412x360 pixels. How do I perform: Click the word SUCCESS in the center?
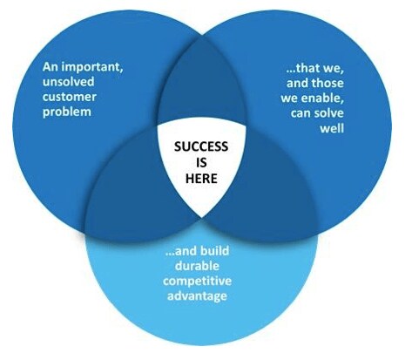[x=201, y=146]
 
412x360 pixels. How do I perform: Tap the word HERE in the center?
[x=201, y=178]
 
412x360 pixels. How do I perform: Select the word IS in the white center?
[x=201, y=162]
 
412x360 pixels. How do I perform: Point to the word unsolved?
[x=69, y=81]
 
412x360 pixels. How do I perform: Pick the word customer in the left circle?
[x=70, y=97]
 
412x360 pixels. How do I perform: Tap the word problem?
[x=67, y=112]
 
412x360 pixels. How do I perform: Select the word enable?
[x=322, y=98]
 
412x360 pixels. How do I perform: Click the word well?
[x=332, y=128]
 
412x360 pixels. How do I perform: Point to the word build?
[x=215, y=250]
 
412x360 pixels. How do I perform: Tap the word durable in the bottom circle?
[x=197, y=266]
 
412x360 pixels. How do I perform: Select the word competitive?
[x=197, y=282]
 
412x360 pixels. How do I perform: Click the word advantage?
[x=197, y=296]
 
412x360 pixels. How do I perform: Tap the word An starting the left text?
[x=50, y=67]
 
